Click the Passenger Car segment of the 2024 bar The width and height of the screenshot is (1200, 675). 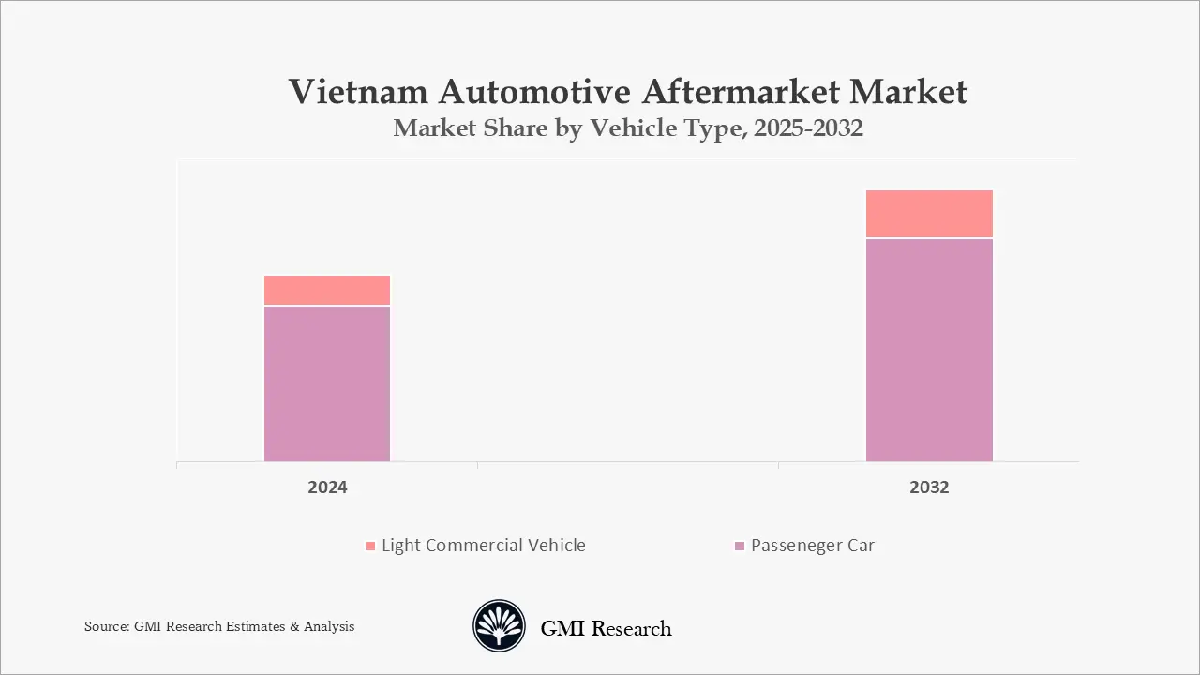click(327, 383)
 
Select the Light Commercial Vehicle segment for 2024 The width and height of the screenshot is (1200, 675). click(327, 290)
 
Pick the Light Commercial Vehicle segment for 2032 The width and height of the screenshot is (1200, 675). click(929, 214)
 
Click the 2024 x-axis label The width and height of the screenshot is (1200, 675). click(327, 487)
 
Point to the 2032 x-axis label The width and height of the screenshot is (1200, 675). click(929, 487)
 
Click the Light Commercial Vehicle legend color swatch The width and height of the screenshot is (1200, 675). click(370, 546)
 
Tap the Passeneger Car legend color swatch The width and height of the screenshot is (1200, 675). click(740, 546)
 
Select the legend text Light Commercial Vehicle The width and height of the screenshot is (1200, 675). click(483, 546)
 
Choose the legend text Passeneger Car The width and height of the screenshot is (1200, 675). click(813, 546)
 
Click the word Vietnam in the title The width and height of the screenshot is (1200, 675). click(360, 92)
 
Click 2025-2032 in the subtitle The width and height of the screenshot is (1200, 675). click(805, 129)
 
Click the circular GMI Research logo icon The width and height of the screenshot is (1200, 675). click(499, 626)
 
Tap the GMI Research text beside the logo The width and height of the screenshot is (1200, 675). click(606, 628)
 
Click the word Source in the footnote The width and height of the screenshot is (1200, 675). click(106, 626)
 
